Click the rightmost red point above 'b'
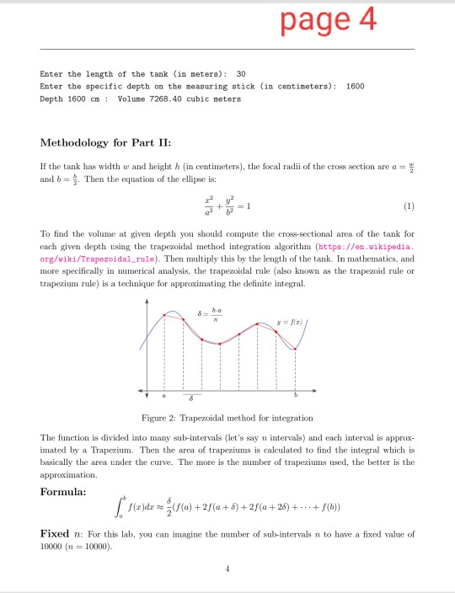(x=295, y=349)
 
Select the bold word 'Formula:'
(x=65, y=491)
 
